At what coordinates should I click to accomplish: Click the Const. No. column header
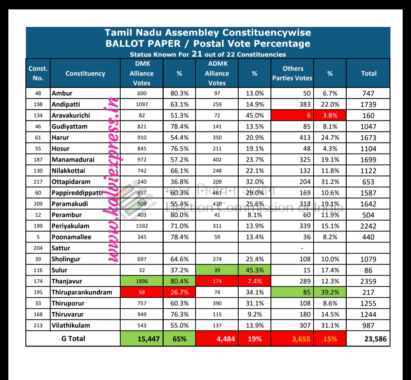click(x=38, y=73)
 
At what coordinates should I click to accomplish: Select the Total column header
click(x=368, y=74)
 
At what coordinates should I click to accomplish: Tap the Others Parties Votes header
click(x=292, y=73)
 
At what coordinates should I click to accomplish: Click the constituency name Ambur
click(x=62, y=93)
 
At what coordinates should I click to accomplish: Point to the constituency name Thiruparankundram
click(x=82, y=292)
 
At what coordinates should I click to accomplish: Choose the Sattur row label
click(x=61, y=248)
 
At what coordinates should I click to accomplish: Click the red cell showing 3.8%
click(x=330, y=115)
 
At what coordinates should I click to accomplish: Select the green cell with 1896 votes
click(x=142, y=281)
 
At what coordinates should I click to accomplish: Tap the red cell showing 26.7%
click(x=179, y=292)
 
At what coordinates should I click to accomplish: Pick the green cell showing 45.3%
click(x=255, y=270)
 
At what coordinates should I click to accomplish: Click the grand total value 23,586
click(x=375, y=338)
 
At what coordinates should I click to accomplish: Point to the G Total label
click(x=73, y=338)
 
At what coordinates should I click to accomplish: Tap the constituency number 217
click(x=38, y=182)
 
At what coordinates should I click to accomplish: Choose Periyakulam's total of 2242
click(x=368, y=226)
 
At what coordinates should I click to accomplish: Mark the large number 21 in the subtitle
click(x=197, y=54)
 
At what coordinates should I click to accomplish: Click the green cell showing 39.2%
click(x=330, y=292)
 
